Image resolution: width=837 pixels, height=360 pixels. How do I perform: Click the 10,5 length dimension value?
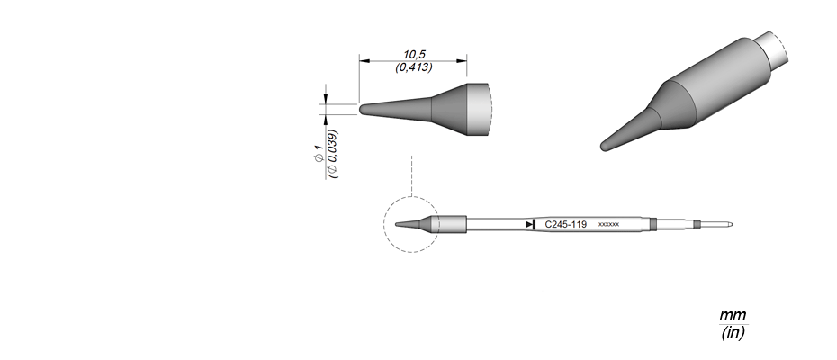[414, 55]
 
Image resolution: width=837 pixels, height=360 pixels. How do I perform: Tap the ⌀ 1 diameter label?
[318, 154]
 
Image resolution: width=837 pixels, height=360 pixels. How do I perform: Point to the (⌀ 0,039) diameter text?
[333, 154]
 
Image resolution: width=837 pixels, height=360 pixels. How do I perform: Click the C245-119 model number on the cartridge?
[566, 225]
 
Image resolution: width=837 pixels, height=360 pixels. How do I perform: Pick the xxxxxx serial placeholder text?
[608, 225]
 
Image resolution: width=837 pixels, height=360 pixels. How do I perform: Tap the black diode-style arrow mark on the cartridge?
[530, 224]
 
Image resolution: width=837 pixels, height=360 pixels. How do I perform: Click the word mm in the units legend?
[733, 315]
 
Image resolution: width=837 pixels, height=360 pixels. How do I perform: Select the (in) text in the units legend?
[733, 332]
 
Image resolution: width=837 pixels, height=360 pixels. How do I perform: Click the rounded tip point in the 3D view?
[606, 146]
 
